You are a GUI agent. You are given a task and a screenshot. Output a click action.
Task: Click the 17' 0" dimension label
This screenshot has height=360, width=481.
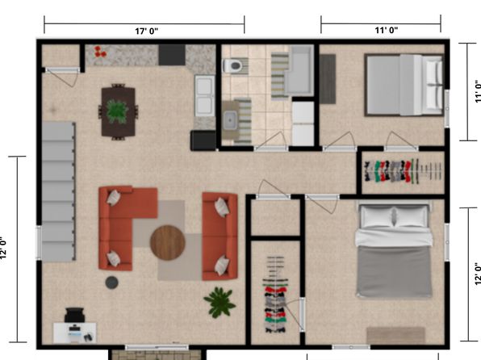147,31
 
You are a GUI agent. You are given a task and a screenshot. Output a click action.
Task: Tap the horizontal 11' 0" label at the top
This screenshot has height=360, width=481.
387,30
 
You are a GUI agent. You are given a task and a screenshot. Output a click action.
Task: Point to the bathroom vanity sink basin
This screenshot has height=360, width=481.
230,119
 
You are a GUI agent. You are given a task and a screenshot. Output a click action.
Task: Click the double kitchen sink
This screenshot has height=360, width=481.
205,95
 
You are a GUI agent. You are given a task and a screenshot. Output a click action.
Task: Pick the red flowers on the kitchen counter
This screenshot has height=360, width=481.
100,52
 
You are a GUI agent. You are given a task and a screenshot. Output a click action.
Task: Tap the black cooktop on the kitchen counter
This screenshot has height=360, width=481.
172,55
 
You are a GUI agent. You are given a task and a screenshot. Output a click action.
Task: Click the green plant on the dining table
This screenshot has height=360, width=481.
117,111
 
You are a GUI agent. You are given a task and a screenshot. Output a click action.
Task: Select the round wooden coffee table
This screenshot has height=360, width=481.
168,243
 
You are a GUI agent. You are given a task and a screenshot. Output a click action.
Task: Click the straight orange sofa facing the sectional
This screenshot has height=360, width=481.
220,236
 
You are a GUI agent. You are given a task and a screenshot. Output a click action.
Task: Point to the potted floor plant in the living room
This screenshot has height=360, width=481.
220,302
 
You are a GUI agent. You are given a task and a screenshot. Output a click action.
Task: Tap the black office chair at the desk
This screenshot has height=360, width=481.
74,315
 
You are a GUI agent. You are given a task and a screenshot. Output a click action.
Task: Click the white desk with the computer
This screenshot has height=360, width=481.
74,333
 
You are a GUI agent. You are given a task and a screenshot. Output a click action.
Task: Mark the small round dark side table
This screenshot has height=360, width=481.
111,283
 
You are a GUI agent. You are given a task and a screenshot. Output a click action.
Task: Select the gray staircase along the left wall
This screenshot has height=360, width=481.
59,192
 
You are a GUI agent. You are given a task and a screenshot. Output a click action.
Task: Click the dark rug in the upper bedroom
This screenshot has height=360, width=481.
328,79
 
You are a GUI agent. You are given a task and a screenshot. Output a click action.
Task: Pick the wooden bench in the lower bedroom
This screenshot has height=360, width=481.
395,336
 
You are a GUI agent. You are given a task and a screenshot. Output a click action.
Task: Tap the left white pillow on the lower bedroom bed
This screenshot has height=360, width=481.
377,216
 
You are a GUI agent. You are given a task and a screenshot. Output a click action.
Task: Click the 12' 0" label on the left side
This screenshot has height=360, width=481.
3,248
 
